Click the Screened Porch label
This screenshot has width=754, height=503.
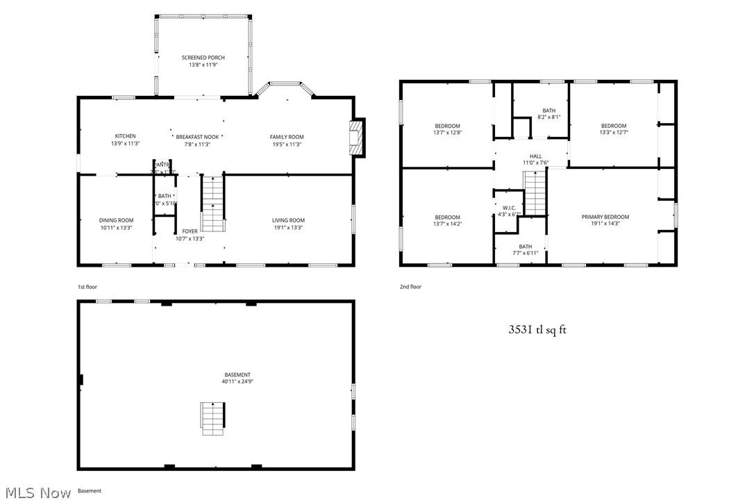203,58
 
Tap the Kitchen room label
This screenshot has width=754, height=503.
125,136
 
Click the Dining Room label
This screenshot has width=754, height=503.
116,220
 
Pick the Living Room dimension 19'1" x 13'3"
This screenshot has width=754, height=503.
288,227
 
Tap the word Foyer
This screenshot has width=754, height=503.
190,231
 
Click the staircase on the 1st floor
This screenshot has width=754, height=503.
214,203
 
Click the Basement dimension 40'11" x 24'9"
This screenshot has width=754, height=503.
237,381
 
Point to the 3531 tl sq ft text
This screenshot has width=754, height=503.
537,330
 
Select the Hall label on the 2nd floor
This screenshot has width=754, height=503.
535,156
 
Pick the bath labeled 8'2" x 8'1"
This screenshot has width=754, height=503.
548,114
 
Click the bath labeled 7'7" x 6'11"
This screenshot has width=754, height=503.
525,250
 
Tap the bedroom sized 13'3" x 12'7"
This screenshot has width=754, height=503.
613,129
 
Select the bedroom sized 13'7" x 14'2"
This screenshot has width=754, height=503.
447,220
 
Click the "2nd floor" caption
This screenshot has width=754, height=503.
410,287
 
